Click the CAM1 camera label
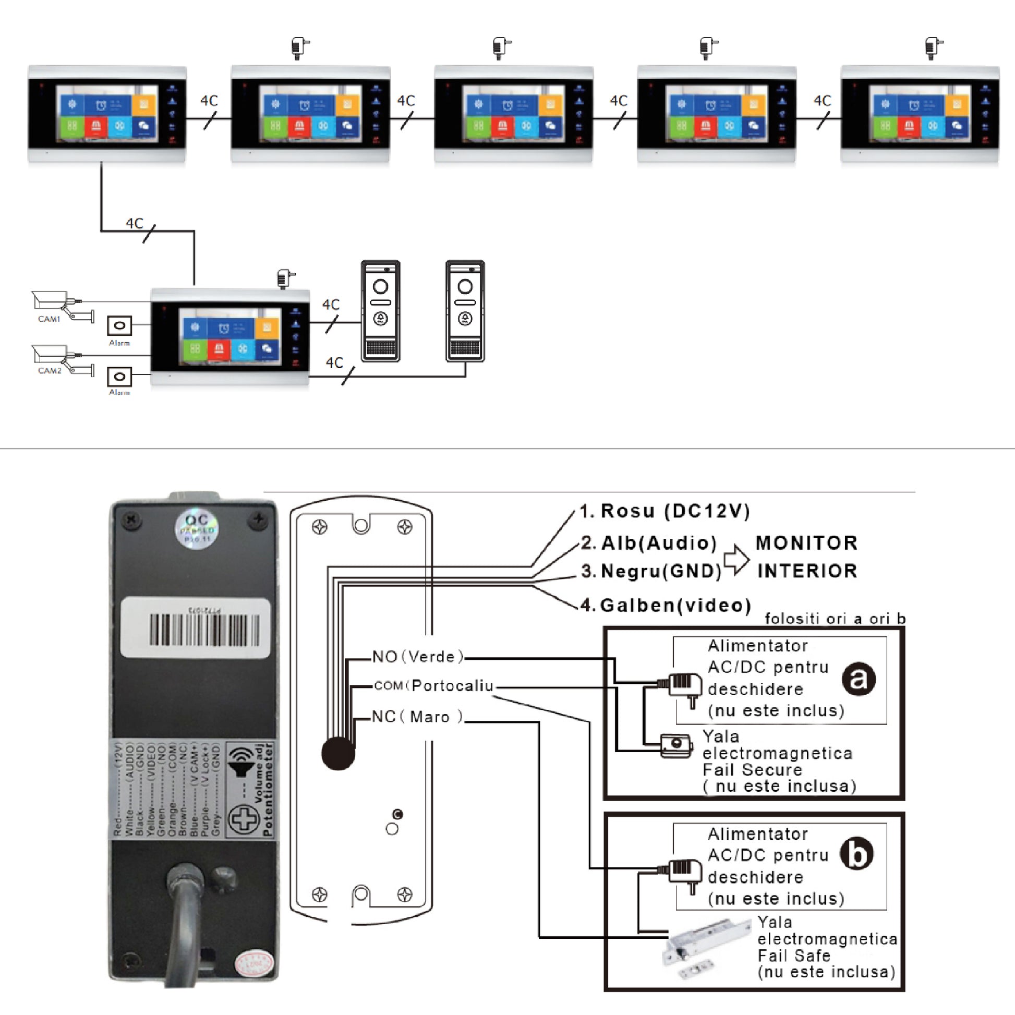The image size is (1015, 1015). coord(49,319)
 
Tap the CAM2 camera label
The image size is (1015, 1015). coord(50,370)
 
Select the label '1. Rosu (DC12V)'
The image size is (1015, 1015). coord(665,511)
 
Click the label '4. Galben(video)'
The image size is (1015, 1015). coord(666,605)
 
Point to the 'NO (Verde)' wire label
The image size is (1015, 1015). coord(418,657)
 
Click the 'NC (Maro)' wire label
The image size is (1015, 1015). coord(417,717)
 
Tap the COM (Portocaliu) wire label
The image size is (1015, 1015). coord(434,685)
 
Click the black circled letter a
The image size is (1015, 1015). coord(858,679)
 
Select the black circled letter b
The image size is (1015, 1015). coord(856,854)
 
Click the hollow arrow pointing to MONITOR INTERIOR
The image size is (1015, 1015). coord(736,560)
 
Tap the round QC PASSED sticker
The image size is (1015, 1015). coord(197,527)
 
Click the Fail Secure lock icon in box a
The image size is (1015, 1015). coord(676,745)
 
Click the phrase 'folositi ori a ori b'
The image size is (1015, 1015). coord(835,619)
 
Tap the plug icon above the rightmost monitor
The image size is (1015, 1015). coord(933,47)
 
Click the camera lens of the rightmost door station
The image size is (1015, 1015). coord(465,286)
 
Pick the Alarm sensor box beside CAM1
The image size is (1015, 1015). coord(119,325)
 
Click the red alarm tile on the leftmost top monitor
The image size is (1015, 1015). coord(95,126)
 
